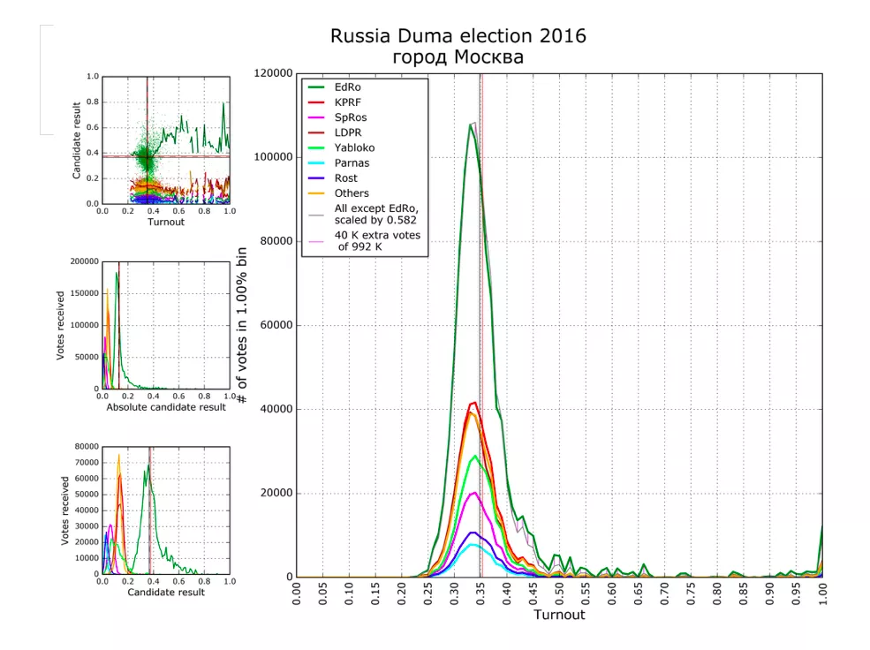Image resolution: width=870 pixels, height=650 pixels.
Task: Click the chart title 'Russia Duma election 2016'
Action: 458,36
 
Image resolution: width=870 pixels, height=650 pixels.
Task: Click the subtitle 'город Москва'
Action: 458,57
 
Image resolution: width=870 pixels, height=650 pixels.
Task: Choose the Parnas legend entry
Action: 352,162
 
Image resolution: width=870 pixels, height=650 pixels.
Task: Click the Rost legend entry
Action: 346,178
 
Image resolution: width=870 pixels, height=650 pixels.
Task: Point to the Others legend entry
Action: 352,193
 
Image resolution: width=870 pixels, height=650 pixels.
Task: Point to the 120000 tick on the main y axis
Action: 272,73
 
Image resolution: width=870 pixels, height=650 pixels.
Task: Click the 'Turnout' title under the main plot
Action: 559,615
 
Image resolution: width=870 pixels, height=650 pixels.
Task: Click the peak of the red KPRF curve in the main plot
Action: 474,403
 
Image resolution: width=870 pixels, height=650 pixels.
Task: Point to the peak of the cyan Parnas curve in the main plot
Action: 474,544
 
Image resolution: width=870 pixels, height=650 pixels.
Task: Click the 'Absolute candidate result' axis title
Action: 166,407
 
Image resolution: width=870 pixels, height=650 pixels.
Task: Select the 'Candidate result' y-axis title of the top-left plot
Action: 77,140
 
